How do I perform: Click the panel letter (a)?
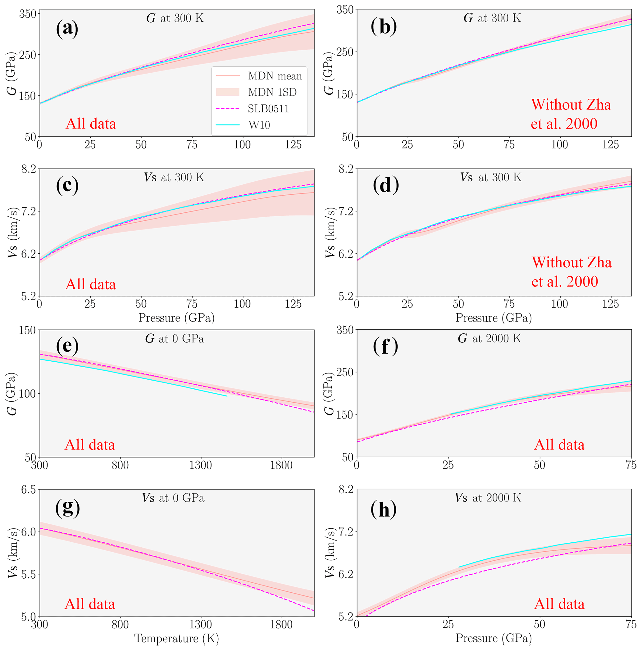(67, 29)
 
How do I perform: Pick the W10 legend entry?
(259, 125)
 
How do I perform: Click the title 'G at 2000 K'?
(489, 338)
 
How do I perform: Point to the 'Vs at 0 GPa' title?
(173, 498)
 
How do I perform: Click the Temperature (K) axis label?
(176, 639)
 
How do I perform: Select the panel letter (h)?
(383, 510)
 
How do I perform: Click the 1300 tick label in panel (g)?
(201, 624)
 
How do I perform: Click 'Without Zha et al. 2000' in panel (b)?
(571, 114)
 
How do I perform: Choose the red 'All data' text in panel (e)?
(90, 445)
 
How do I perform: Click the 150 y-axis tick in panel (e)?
(27, 330)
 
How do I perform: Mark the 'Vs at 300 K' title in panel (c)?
(174, 178)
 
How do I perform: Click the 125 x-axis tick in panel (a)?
(293, 145)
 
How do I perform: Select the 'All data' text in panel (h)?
(559, 604)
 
